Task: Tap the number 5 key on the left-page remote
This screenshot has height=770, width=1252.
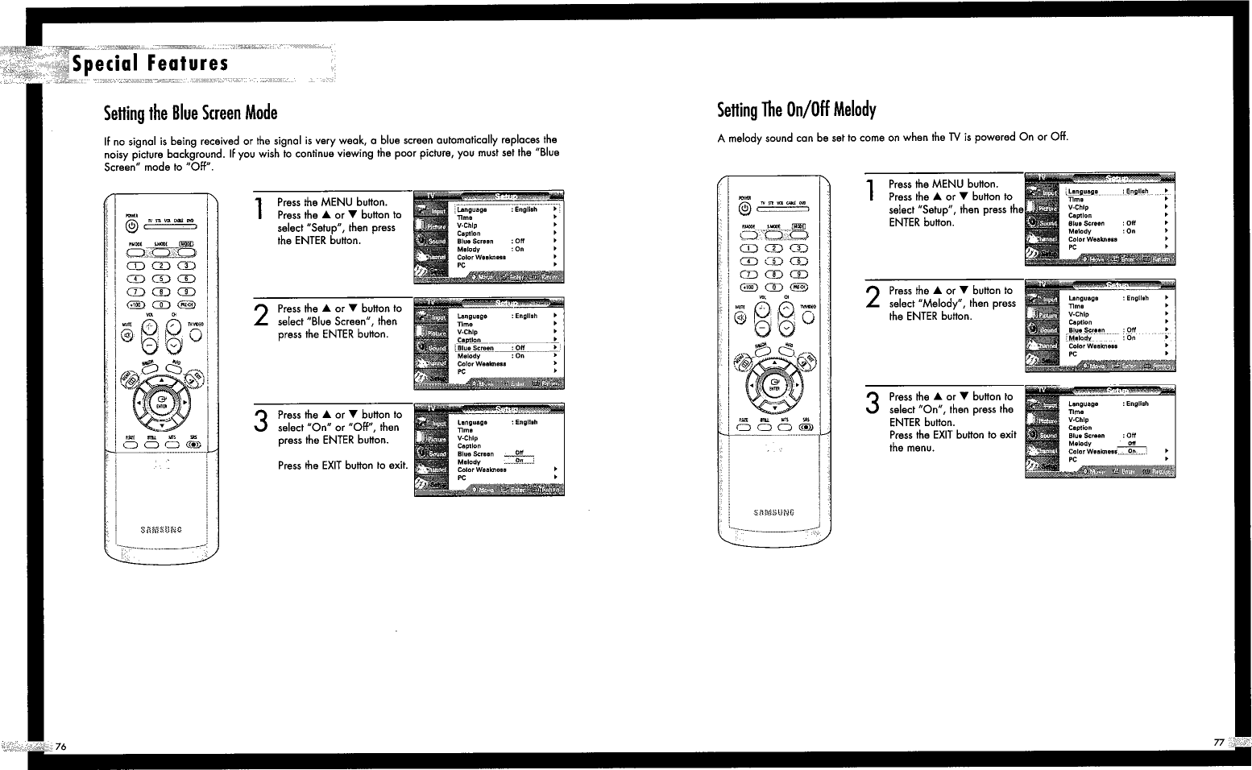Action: (x=161, y=278)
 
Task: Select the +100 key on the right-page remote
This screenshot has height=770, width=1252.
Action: (x=747, y=287)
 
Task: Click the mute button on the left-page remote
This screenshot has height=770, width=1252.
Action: (x=126, y=335)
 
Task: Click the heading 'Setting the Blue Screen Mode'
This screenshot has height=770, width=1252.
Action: (x=190, y=113)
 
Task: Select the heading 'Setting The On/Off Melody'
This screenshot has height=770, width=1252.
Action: (x=796, y=110)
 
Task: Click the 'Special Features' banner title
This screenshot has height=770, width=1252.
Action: (x=150, y=64)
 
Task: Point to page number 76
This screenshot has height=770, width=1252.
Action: (x=60, y=746)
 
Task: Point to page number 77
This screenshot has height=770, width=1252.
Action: (x=1218, y=742)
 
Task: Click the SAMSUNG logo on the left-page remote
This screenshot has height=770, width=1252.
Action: (x=161, y=529)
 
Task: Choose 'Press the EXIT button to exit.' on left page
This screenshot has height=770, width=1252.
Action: (x=342, y=466)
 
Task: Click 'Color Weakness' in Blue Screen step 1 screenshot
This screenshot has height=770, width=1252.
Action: (x=481, y=257)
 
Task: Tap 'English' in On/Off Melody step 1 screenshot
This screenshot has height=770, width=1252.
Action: (x=1137, y=192)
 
